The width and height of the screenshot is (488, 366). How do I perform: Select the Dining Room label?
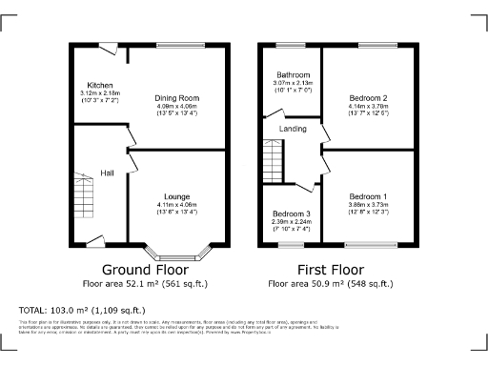(176, 97)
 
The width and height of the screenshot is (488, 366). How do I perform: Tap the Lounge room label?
(176, 196)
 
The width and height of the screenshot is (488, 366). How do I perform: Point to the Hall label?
(108, 173)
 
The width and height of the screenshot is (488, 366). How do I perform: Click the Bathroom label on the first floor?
(293, 74)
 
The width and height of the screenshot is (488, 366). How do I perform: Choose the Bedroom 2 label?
(367, 98)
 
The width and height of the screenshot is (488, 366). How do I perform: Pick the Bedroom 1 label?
(367, 195)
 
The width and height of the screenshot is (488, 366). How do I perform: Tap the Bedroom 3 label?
(292, 213)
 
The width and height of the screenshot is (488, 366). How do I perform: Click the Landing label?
(293, 129)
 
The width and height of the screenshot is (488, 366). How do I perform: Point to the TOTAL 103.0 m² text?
(83, 311)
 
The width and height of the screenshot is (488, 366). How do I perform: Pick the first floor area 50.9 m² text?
(330, 284)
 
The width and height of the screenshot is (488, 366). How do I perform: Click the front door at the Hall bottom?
(94, 242)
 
